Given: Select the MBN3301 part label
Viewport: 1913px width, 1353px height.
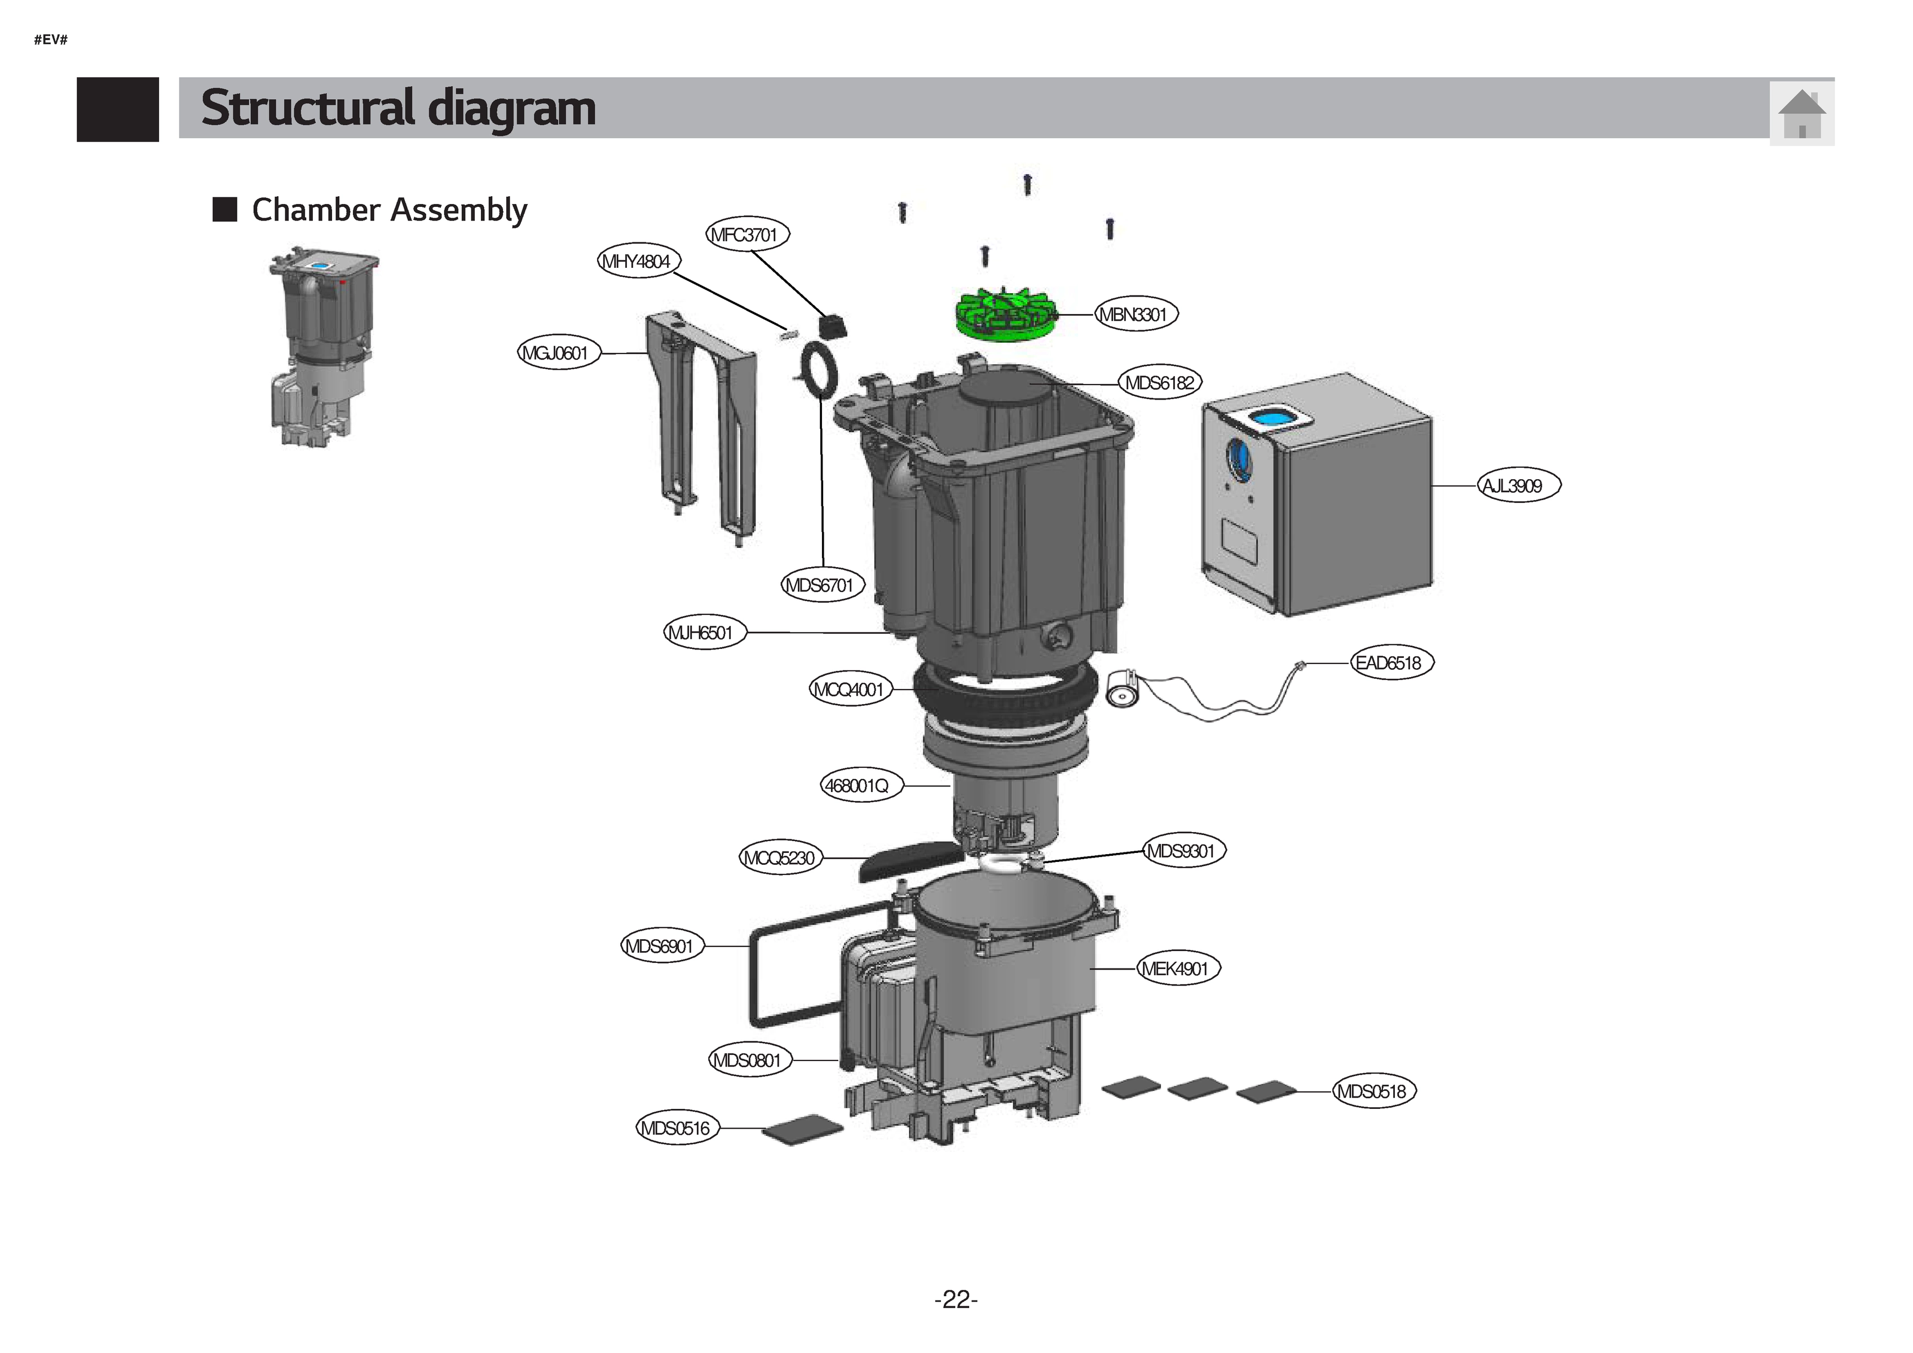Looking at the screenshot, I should coord(1135,314).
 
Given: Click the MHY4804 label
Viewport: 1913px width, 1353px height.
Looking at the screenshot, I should coord(638,262).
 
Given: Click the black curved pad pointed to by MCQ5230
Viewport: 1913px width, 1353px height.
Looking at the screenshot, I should coord(910,859).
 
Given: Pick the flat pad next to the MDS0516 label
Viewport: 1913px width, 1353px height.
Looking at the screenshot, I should coord(802,1130).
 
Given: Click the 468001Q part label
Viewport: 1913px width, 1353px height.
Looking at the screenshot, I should coord(860,785).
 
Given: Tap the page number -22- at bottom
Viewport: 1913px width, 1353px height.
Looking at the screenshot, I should coord(956,1299).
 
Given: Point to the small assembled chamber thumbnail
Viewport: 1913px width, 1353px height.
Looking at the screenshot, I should coord(321,346).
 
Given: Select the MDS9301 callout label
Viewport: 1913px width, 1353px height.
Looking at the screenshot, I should coord(1183,851).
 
